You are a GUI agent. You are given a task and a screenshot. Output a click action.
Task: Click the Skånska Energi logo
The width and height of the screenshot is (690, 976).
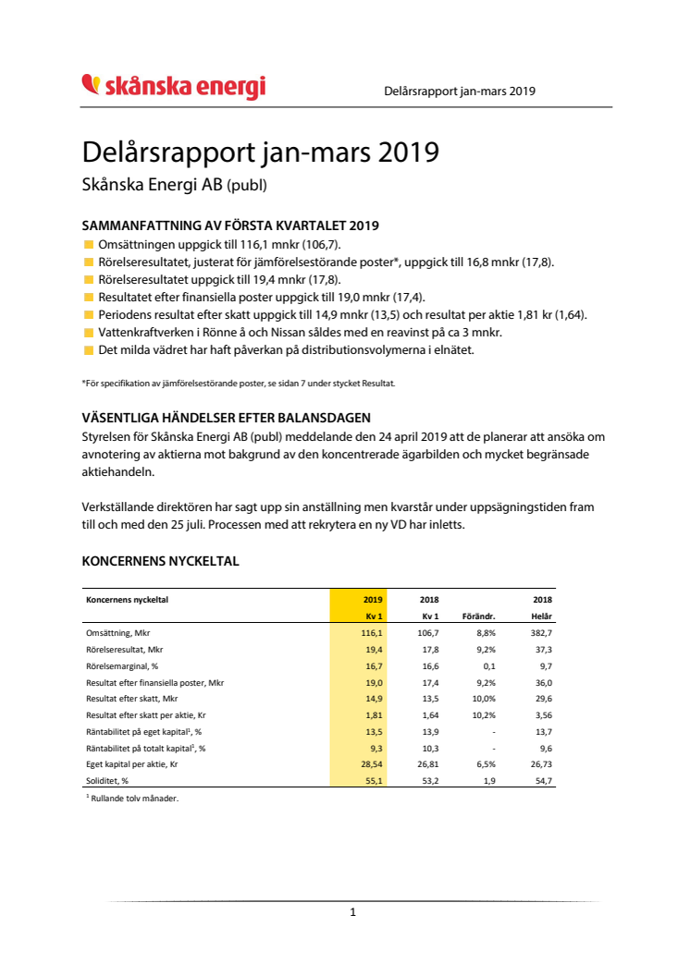coord(174,87)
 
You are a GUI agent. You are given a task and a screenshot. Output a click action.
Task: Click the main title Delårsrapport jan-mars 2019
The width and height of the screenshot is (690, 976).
coord(260,152)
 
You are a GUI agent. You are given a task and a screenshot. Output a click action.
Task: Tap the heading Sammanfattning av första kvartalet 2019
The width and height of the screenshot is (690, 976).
coord(230,226)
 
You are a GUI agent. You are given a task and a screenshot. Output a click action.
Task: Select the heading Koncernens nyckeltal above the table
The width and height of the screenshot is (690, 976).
coord(161,561)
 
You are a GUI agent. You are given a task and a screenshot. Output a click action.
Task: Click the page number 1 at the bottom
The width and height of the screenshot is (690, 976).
coord(353,912)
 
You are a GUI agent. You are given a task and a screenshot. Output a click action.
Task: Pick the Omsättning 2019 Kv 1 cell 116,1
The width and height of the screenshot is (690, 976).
coord(372,633)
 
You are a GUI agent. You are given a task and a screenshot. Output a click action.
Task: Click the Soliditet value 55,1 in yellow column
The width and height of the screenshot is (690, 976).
coord(374,781)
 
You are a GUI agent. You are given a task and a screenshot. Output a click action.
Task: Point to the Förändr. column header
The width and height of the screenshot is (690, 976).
coord(478,616)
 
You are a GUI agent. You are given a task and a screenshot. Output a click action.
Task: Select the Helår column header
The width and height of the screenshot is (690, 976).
coord(541,616)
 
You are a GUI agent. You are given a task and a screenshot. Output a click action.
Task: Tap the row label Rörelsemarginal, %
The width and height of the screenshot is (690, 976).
coord(122,666)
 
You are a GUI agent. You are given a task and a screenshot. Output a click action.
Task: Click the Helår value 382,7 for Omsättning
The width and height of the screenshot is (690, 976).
coord(541,633)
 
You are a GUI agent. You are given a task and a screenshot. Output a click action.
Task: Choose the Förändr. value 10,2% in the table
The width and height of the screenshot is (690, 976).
coord(484,715)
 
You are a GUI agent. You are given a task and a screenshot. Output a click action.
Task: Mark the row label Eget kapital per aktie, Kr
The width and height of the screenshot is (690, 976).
coord(132,764)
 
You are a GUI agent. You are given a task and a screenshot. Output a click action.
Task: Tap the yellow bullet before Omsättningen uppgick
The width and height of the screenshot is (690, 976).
coord(88,245)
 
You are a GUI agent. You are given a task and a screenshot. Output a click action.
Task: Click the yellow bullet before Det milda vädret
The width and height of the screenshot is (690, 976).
coord(88,349)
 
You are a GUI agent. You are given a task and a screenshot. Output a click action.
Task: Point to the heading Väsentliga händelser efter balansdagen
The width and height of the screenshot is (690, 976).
coord(226,419)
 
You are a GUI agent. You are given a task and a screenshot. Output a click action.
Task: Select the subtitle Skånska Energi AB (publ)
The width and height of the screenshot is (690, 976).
coord(175,185)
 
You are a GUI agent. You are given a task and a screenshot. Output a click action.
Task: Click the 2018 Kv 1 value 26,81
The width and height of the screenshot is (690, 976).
coord(428,764)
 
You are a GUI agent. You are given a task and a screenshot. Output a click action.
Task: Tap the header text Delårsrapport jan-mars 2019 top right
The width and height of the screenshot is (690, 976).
coord(460,91)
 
